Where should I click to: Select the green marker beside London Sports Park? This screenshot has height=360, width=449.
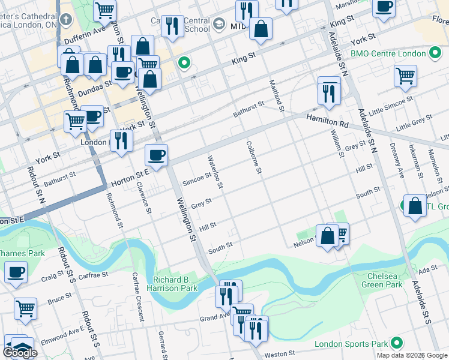(x=396, y=344)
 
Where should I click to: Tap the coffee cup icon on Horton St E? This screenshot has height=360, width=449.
(x=156, y=156)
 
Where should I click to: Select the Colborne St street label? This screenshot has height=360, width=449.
(x=254, y=158)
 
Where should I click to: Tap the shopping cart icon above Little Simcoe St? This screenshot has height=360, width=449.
(x=406, y=76)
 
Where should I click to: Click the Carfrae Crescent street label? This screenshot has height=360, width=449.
(x=138, y=298)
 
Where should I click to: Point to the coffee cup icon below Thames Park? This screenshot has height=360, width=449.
(x=16, y=272)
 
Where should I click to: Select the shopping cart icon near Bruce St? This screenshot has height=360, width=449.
(x=26, y=308)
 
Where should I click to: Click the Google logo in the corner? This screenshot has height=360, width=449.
(x=20, y=353)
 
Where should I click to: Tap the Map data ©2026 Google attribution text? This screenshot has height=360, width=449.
(x=412, y=355)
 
